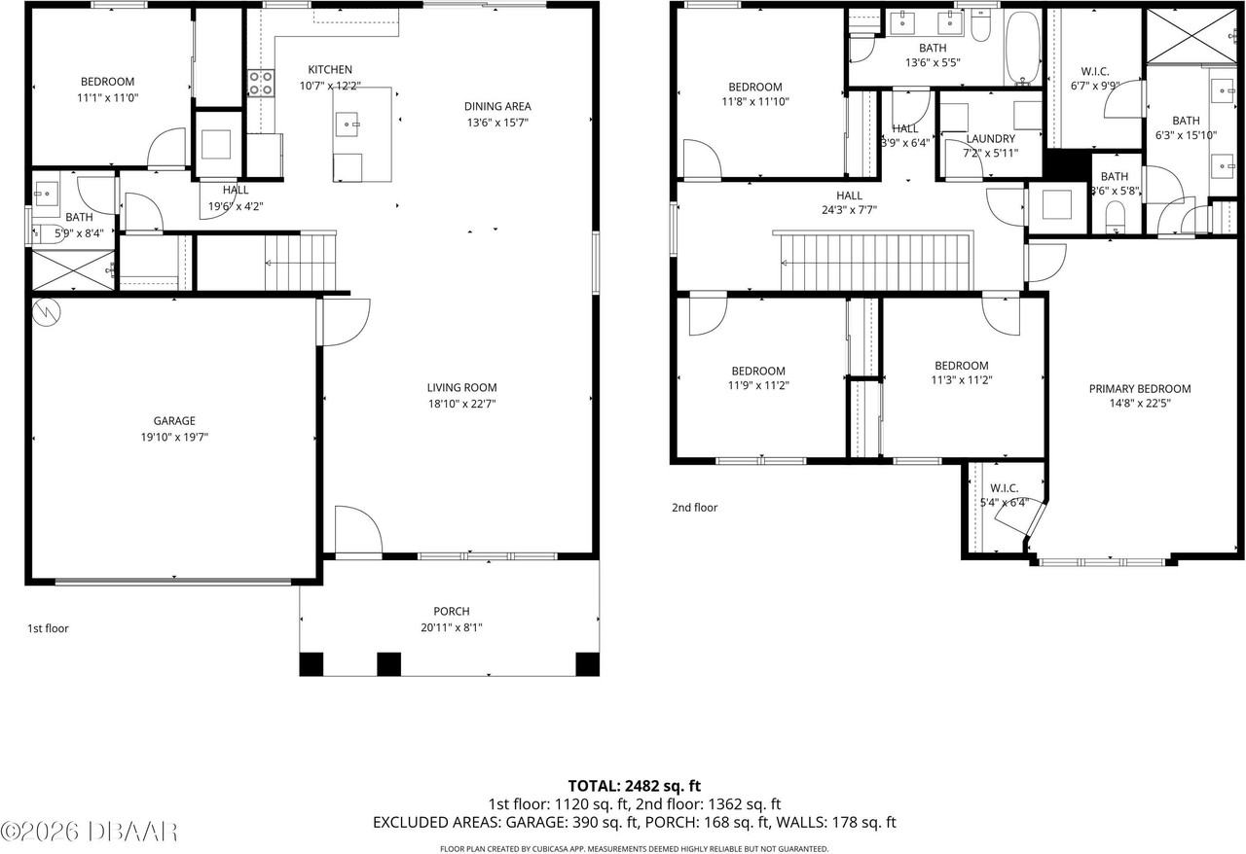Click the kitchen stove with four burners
coord(260,84)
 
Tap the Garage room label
coord(174,421)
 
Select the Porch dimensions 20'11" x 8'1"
coord(451,627)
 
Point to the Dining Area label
coord(497,106)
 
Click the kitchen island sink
coord(348,124)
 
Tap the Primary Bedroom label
coord(1139,389)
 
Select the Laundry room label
coord(990,139)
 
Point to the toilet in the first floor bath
coord(43,232)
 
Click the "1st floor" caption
coord(48,628)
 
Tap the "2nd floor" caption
coord(694,508)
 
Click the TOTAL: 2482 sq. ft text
coord(634,785)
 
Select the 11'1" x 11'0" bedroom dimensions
coord(107,98)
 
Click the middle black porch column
coord(388,664)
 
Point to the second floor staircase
coord(876,262)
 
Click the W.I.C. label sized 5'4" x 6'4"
coord(1005,488)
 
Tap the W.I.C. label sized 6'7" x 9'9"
coord(1095,71)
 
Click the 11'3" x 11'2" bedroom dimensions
coord(961,380)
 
